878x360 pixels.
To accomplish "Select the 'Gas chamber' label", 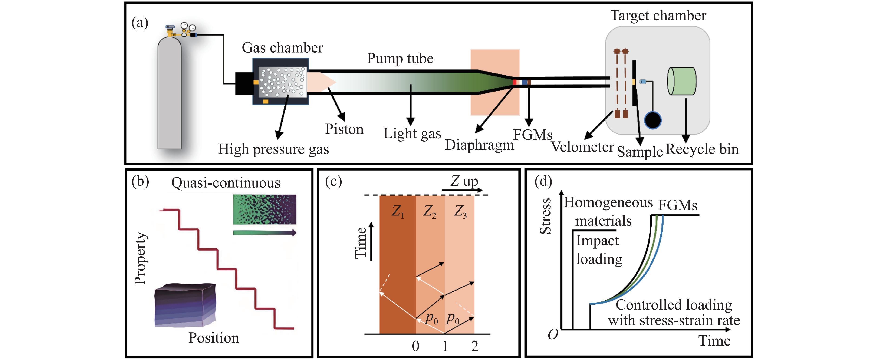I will (282, 48).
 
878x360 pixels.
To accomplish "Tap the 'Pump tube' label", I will (400, 59).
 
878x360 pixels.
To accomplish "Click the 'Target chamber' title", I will (658, 16).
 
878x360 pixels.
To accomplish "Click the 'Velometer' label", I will (582, 147).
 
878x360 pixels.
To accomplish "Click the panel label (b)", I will (140, 182).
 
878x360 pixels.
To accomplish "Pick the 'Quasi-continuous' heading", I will (226, 183).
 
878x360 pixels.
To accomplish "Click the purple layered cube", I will (185, 305).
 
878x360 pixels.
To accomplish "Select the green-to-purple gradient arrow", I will (264, 233).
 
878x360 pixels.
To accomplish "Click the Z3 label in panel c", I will (460, 212).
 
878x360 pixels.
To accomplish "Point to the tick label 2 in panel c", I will (474, 346).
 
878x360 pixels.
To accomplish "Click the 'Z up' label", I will (464, 181).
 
